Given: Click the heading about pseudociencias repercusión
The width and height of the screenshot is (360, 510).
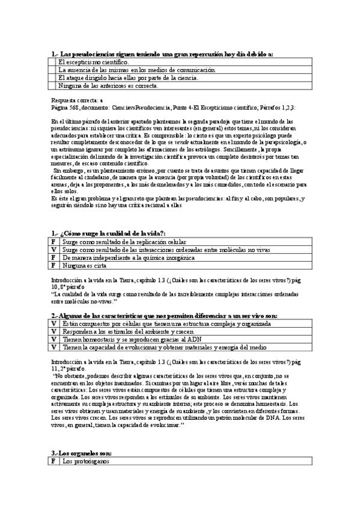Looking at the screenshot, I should click(x=162, y=54).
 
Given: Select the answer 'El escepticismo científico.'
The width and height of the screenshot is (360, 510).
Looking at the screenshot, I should click(x=93, y=62).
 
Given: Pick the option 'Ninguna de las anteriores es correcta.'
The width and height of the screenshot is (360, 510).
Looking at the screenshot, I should click(x=108, y=85).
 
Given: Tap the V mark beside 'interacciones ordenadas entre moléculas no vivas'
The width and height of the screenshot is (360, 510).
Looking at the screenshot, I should click(x=54, y=249).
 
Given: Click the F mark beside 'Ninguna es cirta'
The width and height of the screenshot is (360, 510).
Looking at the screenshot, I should click(x=54, y=265).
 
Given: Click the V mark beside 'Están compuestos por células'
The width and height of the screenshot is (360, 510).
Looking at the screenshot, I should click(x=54, y=324).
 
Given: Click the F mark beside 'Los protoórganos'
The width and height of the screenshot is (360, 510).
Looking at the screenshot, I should click(x=54, y=461).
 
